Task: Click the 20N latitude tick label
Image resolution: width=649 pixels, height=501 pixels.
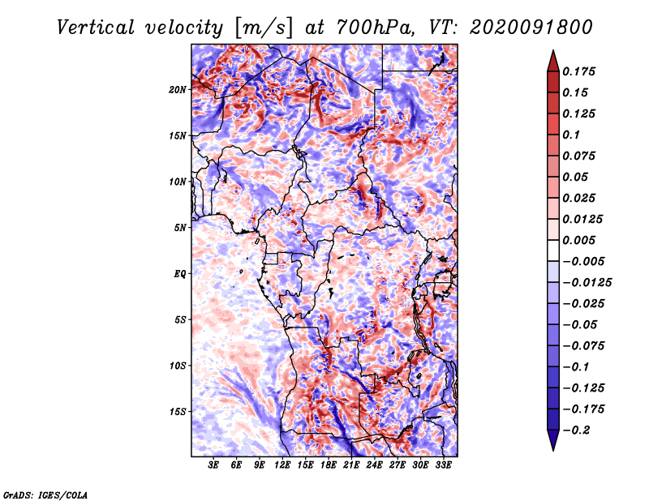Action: coord(178,89)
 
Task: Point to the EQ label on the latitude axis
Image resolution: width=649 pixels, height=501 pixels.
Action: coord(180,273)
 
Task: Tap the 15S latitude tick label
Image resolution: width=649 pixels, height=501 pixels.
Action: coord(178,411)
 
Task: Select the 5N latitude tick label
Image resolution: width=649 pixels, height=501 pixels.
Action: coord(181,228)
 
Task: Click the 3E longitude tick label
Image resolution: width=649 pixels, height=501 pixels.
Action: coord(214,465)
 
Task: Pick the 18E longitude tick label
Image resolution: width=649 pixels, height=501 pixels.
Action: coord(329,465)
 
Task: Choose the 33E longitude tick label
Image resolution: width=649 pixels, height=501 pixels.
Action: coord(444,465)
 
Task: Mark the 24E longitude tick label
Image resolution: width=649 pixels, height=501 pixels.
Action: coord(375,465)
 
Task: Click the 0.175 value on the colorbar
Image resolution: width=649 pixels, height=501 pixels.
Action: coord(581,71)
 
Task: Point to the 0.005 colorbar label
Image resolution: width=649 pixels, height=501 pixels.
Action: coord(581,240)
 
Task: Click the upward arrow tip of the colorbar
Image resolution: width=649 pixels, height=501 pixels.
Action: coord(552,54)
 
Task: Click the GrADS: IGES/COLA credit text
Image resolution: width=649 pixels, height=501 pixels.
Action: coord(45,494)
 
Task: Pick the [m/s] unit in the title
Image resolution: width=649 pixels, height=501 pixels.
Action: coord(261,27)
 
